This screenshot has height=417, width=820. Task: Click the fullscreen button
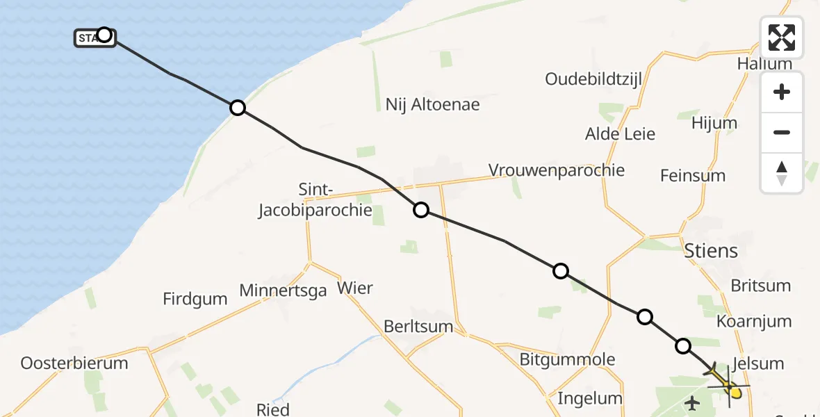(x=782, y=38)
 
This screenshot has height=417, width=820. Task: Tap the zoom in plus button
(x=782, y=92)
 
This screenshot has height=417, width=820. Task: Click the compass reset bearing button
(x=782, y=173)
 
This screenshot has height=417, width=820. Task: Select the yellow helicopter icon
(x=725, y=382)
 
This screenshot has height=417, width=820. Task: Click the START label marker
(x=89, y=38)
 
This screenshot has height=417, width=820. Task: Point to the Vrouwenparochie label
(x=557, y=170)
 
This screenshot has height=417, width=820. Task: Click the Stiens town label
(x=710, y=250)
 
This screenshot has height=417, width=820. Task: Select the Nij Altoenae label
(x=433, y=105)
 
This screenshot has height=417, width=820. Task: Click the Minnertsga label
(x=283, y=291)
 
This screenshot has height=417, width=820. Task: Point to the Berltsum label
(x=418, y=327)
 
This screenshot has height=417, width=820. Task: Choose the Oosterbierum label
(x=74, y=363)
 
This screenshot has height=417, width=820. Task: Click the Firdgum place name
(x=195, y=299)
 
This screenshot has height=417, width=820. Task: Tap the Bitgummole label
(x=568, y=359)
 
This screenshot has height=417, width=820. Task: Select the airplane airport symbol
(x=693, y=402)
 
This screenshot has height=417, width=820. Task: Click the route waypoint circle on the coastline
(x=238, y=108)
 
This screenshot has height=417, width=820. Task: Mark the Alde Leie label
(x=621, y=133)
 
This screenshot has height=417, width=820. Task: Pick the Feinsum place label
(x=693, y=175)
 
